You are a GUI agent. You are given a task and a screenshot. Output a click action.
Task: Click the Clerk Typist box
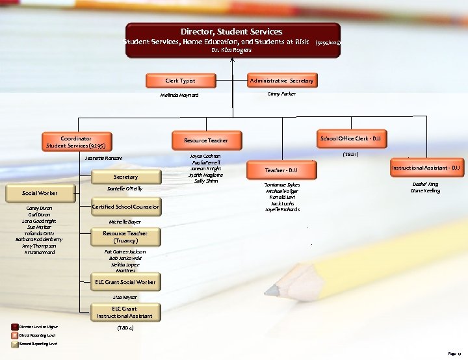[180, 81]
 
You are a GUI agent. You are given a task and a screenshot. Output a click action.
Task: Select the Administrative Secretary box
[281, 81]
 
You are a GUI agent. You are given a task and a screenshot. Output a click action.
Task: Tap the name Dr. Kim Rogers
[231, 50]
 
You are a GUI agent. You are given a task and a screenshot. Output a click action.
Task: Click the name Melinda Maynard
[180, 96]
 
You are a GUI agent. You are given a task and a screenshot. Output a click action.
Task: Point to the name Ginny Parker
[281, 94]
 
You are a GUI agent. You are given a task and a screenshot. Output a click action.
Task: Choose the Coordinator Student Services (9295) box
[75, 142]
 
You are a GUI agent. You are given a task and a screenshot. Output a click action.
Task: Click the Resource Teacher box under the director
[206, 140]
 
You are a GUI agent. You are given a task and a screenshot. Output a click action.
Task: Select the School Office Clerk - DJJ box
[351, 138]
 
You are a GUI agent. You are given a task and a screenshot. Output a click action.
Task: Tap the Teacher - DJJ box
[281, 170]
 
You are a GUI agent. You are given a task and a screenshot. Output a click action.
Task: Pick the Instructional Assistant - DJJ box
[426, 168]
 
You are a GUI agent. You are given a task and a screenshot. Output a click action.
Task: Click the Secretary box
[125, 177]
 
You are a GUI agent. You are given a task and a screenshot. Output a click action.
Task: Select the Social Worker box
[40, 193]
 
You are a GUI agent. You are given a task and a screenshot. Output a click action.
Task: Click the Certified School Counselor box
[125, 207]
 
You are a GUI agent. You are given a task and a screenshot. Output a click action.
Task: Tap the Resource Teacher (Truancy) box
[125, 237]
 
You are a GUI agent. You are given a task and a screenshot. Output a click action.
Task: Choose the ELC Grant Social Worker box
[125, 282]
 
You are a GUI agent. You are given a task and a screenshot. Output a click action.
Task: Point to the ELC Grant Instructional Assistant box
[125, 313]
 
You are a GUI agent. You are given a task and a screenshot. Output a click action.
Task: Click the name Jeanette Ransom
[103, 159]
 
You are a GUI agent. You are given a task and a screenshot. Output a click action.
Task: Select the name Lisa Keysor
[125, 296]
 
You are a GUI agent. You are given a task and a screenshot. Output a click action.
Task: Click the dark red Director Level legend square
[14, 326]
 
